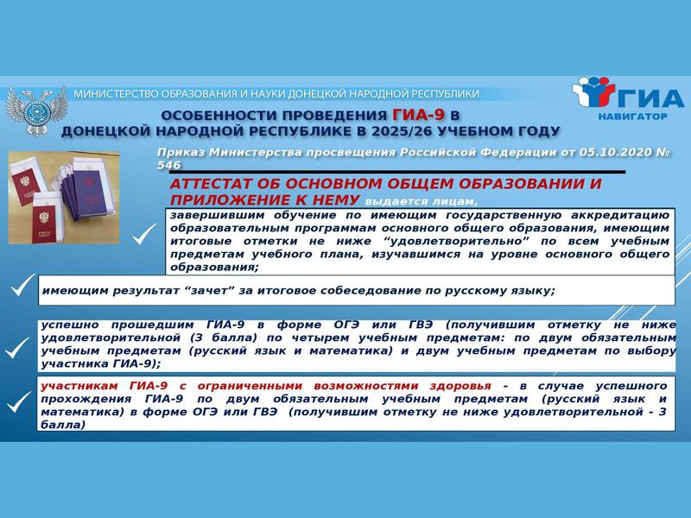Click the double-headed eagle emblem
click(x=37, y=111)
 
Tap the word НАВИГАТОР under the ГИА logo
click(x=632, y=117)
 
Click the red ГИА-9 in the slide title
click(x=419, y=115)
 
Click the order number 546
click(x=168, y=165)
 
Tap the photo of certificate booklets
click(x=63, y=198)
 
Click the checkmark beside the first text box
click(x=144, y=234)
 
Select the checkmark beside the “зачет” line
click(x=22, y=285)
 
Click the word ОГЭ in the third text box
click(x=346, y=325)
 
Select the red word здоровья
click(x=460, y=386)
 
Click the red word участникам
click(x=79, y=386)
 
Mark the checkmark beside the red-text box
click(x=18, y=401)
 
